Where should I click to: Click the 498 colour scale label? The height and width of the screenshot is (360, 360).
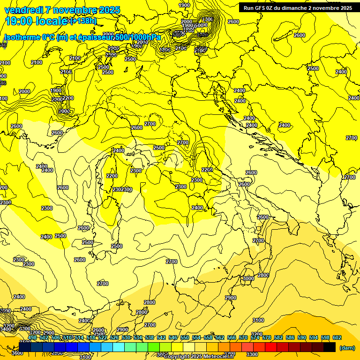pyautogui.click(x=32, y=337)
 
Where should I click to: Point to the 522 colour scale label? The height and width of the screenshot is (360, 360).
pyautogui.click(x=103, y=337)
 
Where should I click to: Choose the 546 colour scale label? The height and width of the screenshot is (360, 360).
pyautogui.click(x=173, y=337)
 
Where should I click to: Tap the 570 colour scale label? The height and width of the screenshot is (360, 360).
pyautogui.click(x=243, y=337)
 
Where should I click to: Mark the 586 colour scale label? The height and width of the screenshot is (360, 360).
pyautogui.click(x=290, y=337)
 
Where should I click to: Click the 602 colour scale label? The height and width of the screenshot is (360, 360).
pyautogui.click(x=337, y=337)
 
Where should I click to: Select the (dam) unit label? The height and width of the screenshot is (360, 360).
pyautogui.click(x=347, y=348)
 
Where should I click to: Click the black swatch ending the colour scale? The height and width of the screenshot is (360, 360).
pyautogui.click(x=330, y=347)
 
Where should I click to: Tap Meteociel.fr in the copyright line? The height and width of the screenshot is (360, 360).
pyautogui.click(x=218, y=357)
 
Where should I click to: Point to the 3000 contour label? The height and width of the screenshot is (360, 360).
pyautogui.click(x=247, y=278)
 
